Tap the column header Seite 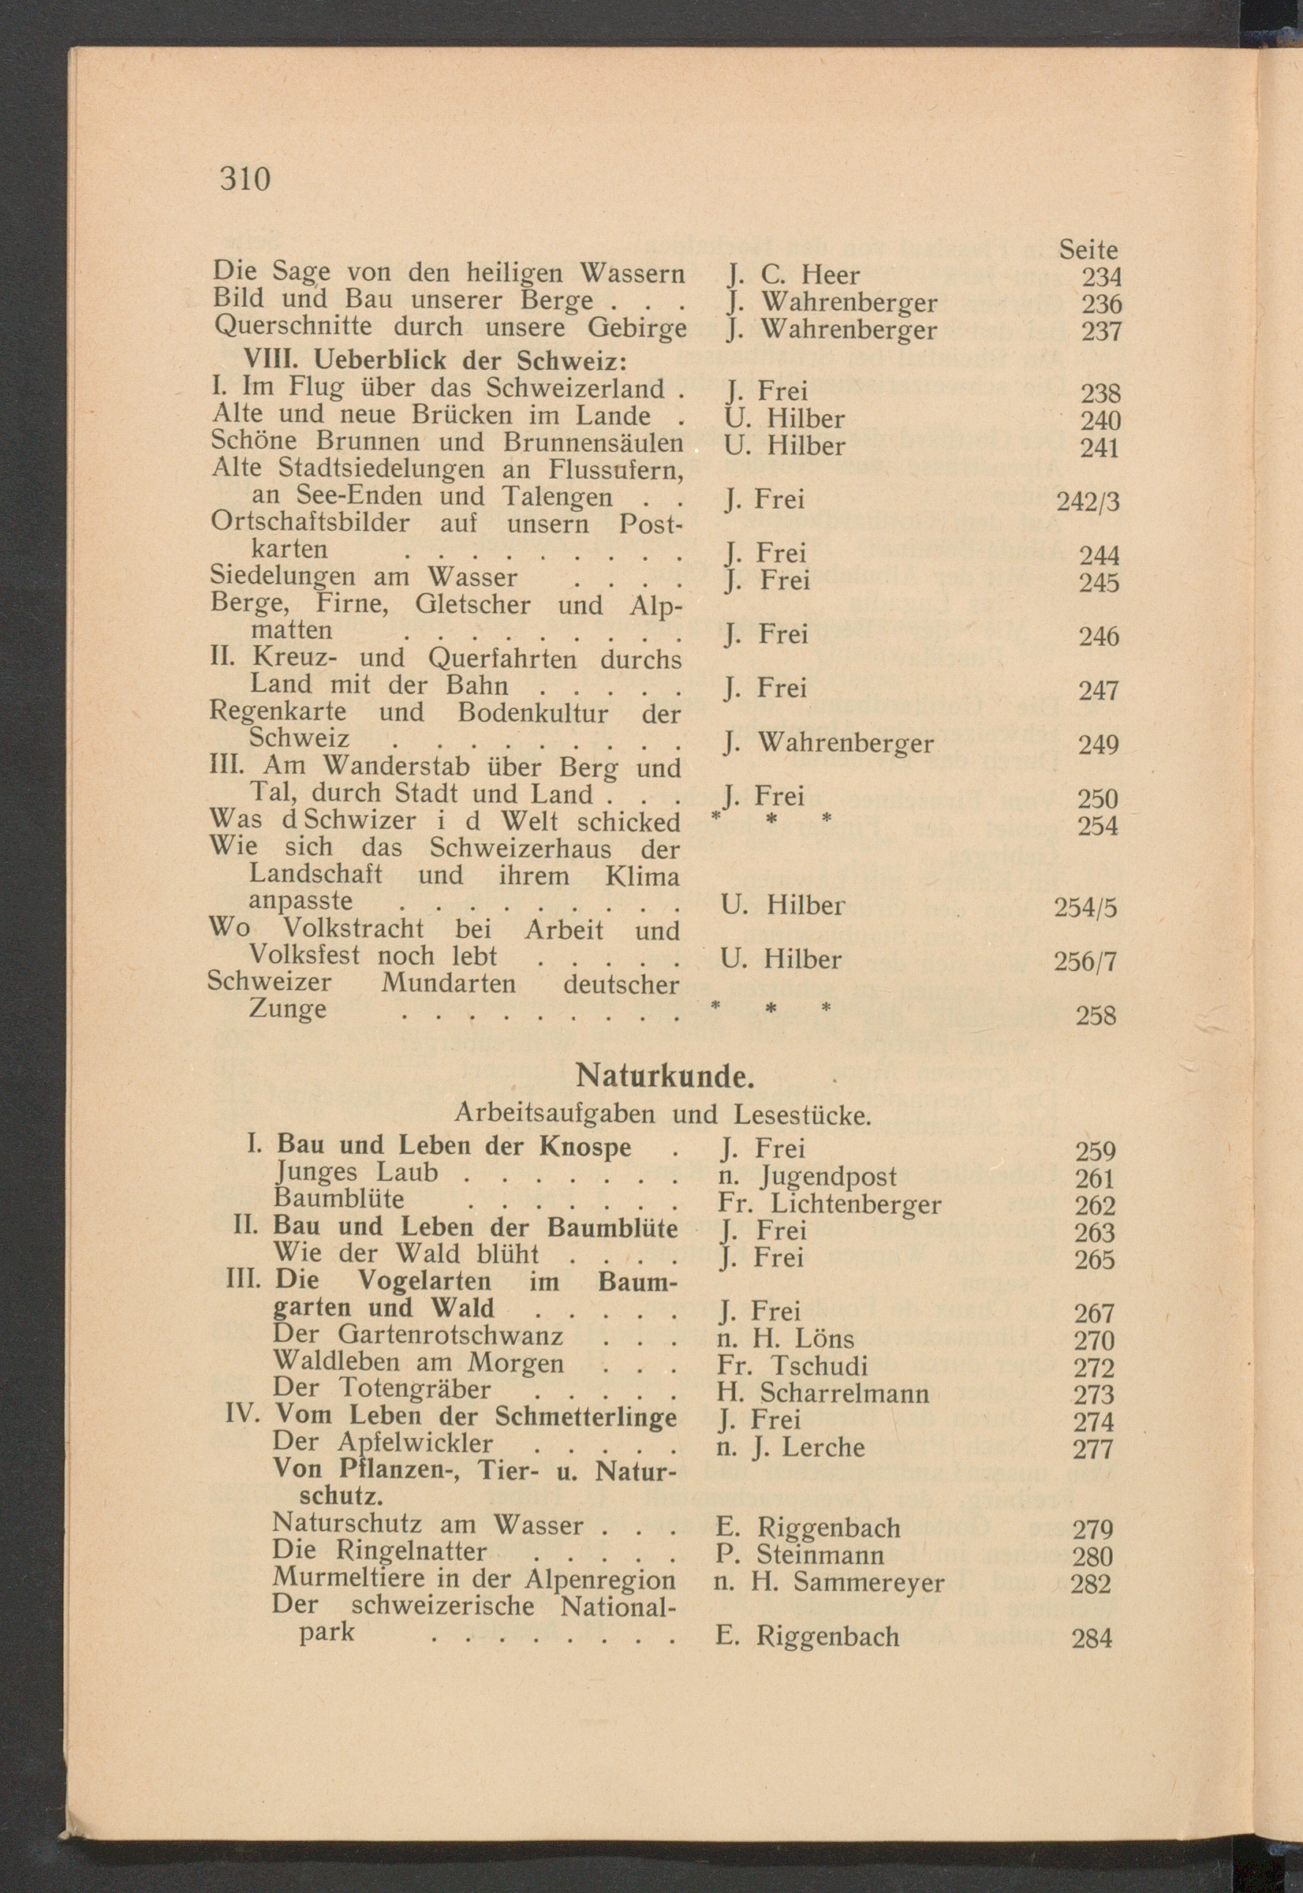(x=1088, y=249)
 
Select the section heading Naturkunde (x=665, y=1077)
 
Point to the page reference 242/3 (x=1088, y=501)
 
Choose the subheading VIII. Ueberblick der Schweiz (x=435, y=360)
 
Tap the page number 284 (x=1092, y=1637)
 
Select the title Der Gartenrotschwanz (x=418, y=1335)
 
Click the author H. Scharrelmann (x=823, y=1393)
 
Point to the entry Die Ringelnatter (x=379, y=1550)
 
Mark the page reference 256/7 (x=1085, y=961)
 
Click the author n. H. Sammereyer (x=829, y=1583)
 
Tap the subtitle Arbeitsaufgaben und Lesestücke (x=663, y=1114)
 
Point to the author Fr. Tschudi (x=793, y=1365)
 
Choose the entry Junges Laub (x=356, y=1172)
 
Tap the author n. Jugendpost (x=807, y=1176)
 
